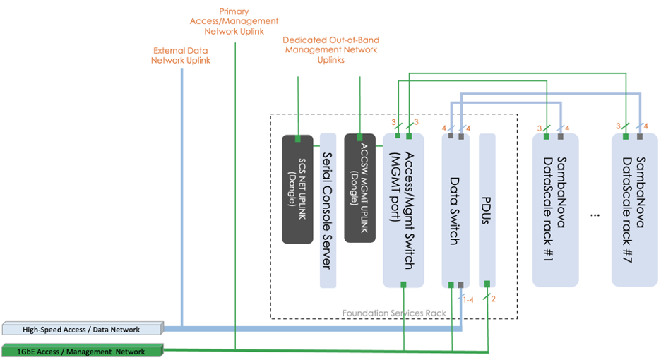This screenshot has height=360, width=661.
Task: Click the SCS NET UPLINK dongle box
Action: coord(297,189)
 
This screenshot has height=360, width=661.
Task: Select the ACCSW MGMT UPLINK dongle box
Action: coord(359,189)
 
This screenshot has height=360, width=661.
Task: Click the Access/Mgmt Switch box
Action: coord(403,210)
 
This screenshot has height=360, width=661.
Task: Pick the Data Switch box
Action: coord(455,210)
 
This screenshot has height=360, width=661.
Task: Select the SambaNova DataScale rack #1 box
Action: coord(555,210)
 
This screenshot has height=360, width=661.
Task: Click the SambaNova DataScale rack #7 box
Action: coord(635,210)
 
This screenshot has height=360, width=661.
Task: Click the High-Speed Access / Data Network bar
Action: coord(82,329)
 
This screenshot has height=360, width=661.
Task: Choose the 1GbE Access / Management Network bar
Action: coord(82,351)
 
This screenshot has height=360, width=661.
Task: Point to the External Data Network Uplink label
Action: coord(181,56)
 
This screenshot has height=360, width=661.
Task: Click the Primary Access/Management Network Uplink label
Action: coord(234,21)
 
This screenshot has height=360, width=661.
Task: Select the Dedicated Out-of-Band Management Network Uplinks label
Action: coord(330,50)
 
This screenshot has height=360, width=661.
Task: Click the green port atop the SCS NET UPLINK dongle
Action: coord(297,138)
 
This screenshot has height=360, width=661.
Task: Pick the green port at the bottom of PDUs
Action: coord(487,284)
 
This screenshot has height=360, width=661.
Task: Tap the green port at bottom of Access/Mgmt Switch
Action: coord(403,284)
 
